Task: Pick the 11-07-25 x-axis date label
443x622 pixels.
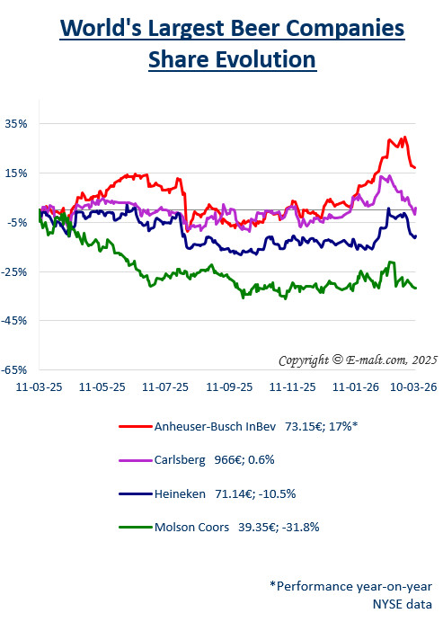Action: coord(166,387)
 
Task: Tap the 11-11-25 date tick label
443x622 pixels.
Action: coord(293,387)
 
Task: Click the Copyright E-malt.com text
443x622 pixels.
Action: coord(357,360)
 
